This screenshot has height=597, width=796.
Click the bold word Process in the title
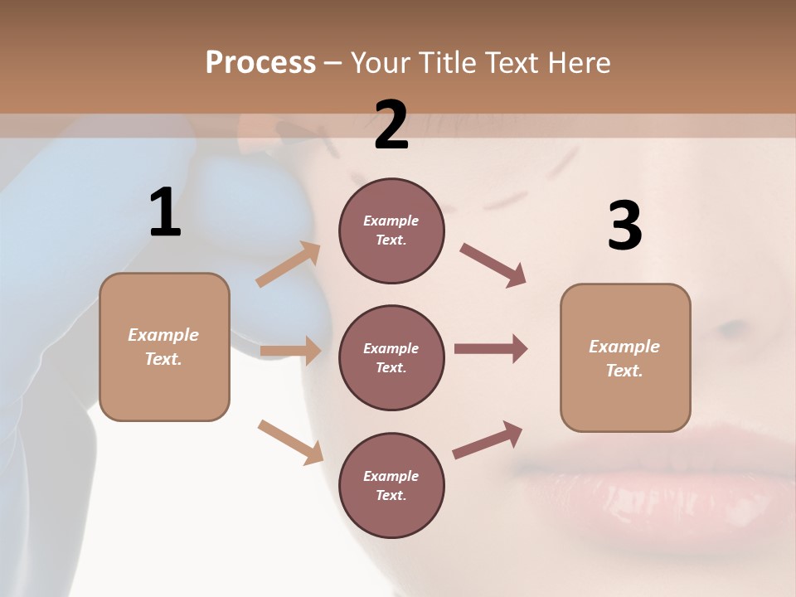click(x=260, y=62)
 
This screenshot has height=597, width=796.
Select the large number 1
click(x=165, y=213)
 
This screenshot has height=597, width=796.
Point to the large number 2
click(x=391, y=125)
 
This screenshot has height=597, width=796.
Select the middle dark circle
click(x=391, y=357)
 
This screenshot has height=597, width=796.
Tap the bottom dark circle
click(x=391, y=485)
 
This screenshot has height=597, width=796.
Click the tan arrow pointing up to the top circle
click(x=289, y=265)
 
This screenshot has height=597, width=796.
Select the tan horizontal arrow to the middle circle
click(x=290, y=351)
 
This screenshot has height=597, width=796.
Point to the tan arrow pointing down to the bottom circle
click(x=290, y=441)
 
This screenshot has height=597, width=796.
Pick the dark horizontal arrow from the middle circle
click(x=491, y=349)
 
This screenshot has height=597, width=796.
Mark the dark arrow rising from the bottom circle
click(x=488, y=440)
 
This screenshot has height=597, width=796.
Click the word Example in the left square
click(x=163, y=335)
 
